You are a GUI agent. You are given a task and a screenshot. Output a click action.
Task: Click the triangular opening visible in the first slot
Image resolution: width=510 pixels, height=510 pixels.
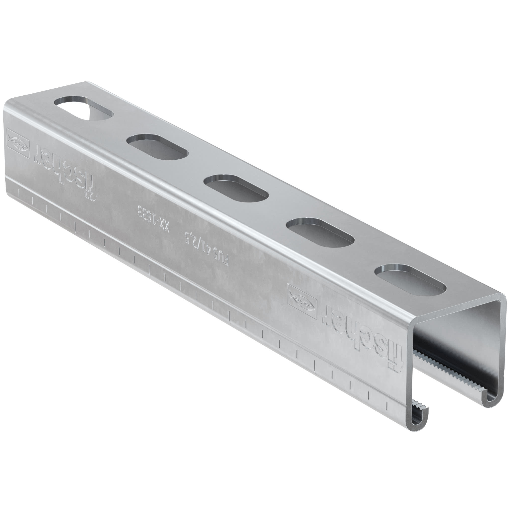(x=91, y=113)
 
